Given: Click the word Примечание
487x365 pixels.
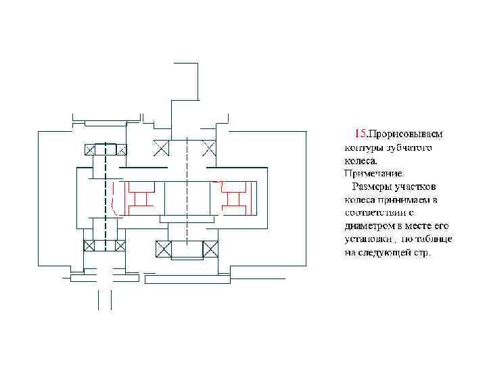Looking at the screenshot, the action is point(370,173).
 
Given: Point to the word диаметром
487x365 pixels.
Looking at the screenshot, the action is point(368,226).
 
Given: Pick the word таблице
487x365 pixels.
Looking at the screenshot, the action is point(435,239).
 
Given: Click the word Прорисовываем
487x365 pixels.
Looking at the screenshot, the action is point(405,134).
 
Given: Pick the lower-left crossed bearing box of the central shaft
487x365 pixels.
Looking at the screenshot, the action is point(163,249).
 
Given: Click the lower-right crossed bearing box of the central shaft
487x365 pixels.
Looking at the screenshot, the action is point(210,249).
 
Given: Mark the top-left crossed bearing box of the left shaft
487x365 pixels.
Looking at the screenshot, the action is point(91,149).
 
